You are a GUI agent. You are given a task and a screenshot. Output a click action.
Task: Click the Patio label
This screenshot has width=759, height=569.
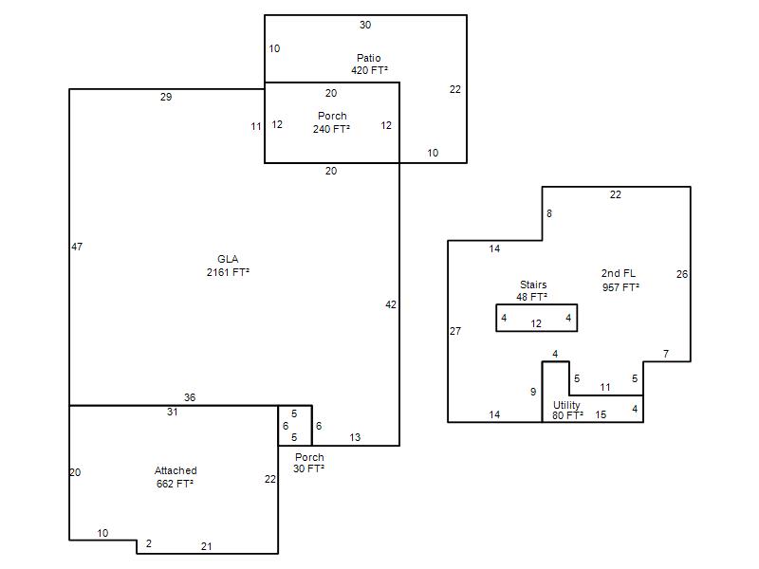tap(368, 58)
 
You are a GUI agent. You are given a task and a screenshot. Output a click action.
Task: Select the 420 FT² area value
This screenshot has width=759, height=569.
tap(369, 70)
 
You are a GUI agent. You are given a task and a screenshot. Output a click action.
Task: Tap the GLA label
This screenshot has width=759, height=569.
tap(228, 259)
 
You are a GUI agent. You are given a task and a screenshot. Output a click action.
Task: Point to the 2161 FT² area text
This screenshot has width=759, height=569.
tap(228, 272)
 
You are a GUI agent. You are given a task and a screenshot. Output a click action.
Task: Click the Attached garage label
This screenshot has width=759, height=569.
tap(176, 470)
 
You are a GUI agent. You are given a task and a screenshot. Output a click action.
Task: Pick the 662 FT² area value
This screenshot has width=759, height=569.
tap(175, 484)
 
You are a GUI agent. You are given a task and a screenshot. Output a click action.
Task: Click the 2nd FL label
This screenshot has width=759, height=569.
tap(619, 273)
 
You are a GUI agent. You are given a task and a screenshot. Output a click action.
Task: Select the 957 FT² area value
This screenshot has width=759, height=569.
tap(620, 287)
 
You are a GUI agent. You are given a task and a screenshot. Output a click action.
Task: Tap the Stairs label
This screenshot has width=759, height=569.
tap(533, 284)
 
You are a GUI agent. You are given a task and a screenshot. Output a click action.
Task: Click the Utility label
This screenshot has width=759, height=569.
tap(566, 405)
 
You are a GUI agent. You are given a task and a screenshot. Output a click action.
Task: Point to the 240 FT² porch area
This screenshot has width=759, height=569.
tap(331, 129)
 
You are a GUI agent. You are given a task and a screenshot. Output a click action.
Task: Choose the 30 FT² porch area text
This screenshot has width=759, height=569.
tap(309, 468)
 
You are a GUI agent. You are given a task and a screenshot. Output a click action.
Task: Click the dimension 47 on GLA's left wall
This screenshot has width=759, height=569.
tap(77, 247)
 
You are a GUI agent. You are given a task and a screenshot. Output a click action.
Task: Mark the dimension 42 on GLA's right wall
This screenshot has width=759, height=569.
tap(391, 304)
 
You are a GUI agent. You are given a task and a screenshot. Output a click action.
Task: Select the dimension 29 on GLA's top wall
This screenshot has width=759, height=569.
tap(166, 97)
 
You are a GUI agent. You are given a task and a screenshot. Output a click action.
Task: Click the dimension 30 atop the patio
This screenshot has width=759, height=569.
tap(365, 25)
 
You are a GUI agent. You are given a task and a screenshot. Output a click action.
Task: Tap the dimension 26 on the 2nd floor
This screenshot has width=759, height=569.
tap(682, 274)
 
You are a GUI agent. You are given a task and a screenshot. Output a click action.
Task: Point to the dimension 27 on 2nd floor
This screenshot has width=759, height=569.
tap(455, 331)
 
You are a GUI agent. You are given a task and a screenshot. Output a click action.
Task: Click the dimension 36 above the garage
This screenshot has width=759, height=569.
tap(190, 397)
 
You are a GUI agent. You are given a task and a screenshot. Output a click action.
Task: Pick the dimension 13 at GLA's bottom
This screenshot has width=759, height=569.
tap(355, 437)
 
